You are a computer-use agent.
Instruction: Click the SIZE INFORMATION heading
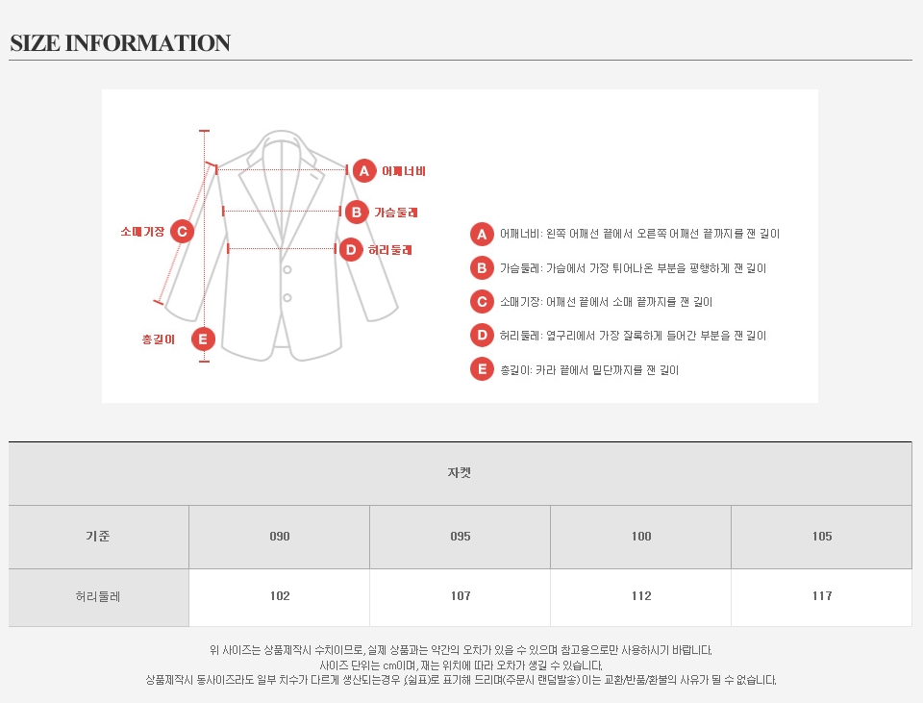click(x=120, y=43)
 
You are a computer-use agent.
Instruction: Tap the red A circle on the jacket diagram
click(x=364, y=171)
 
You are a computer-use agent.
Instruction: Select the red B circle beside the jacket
click(x=357, y=212)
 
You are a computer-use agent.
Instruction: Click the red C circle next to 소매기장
click(x=182, y=232)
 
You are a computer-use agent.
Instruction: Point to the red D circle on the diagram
click(x=351, y=250)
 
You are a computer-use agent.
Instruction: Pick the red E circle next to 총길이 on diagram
click(x=203, y=339)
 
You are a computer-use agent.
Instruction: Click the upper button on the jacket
click(x=287, y=269)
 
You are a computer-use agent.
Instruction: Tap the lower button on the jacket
click(x=287, y=298)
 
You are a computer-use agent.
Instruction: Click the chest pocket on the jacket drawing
click(x=315, y=175)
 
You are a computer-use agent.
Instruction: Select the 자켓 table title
click(x=460, y=473)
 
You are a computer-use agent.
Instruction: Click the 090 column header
click(x=280, y=537)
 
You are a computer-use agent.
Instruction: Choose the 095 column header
click(x=461, y=537)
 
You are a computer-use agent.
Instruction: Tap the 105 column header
click(x=822, y=537)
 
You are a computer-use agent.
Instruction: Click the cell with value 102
click(x=280, y=596)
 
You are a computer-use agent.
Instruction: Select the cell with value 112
click(x=641, y=596)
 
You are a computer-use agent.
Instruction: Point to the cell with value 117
click(x=822, y=596)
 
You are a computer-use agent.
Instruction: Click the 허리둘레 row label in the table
click(x=98, y=596)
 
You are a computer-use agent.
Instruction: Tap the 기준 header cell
click(x=98, y=537)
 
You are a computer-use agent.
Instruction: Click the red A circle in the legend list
click(x=482, y=235)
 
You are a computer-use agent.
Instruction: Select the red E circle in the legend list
click(x=482, y=369)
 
